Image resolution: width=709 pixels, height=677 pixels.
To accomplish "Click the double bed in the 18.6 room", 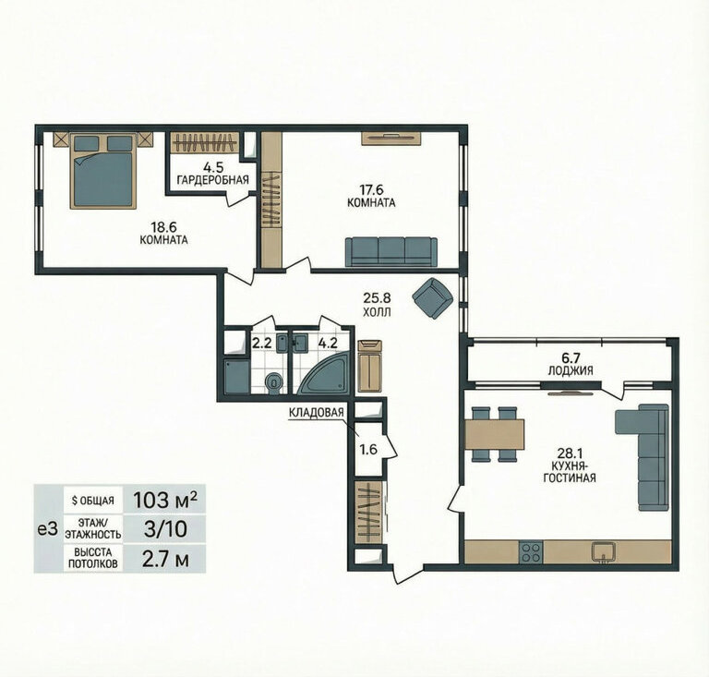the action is pyautogui.click(x=103, y=171).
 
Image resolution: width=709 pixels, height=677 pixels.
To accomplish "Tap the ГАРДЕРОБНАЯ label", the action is pyautogui.click(x=213, y=180).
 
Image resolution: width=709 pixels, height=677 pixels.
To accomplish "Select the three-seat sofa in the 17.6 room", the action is pyautogui.click(x=391, y=252).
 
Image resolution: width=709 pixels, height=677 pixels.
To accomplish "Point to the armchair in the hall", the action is pyautogui.click(x=433, y=298).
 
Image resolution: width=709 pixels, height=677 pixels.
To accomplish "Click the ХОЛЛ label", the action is pyautogui.click(x=377, y=312).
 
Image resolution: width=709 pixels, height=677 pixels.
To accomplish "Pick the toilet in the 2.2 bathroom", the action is pyautogui.click(x=273, y=383).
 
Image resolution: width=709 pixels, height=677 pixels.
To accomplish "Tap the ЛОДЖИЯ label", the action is pyautogui.click(x=571, y=371).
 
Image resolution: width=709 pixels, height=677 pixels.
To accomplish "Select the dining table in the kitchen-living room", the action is pyautogui.click(x=495, y=434).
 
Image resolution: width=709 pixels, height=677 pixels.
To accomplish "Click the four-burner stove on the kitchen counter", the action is pyautogui.click(x=532, y=551).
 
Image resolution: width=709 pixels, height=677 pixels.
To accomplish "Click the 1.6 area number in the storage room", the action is pyautogui.click(x=368, y=450).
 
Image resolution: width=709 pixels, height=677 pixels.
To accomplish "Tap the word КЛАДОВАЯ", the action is pyautogui.click(x=317, y=413).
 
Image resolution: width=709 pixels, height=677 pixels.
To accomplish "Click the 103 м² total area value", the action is pyautogui.click(x=164, y=500).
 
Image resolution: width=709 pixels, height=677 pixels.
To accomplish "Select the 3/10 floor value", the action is pyautogui.click(x=165, y=528).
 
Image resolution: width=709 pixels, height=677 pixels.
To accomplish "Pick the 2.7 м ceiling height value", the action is pyautogui.click(x=165, y=560).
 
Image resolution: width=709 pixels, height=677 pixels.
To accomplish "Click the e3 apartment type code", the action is pyautogui.click(x=47, y=529).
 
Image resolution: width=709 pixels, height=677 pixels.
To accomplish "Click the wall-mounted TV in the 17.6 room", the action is pyautogui.click(x=391, y=139).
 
